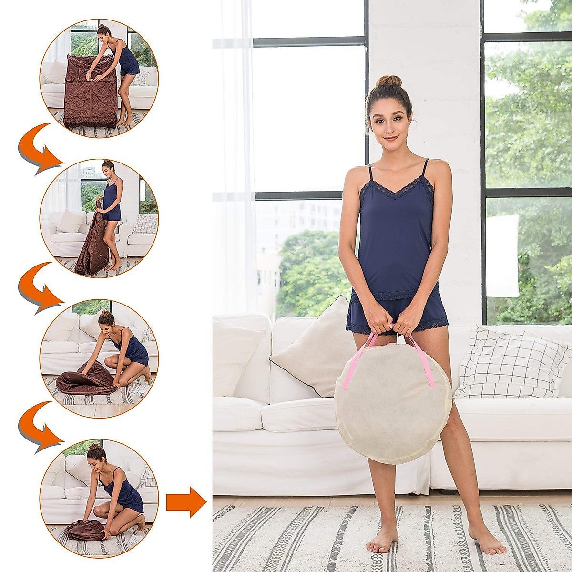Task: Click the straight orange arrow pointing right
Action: (x=186, y=502)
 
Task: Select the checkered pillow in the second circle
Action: (x=144, y=224)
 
